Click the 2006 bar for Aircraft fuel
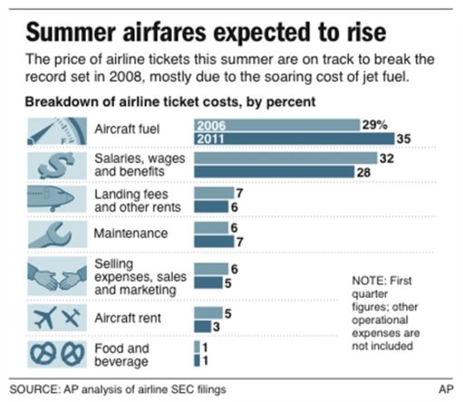pos(276,125)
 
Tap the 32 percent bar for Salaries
pos(284,157)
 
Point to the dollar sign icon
pos(55,164)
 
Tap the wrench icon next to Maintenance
pos(55,233)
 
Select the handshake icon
pos(55,275)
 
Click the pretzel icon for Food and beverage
pos(55,354)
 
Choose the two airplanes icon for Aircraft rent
pos(55,317)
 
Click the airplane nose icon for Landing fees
pos(55,199)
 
